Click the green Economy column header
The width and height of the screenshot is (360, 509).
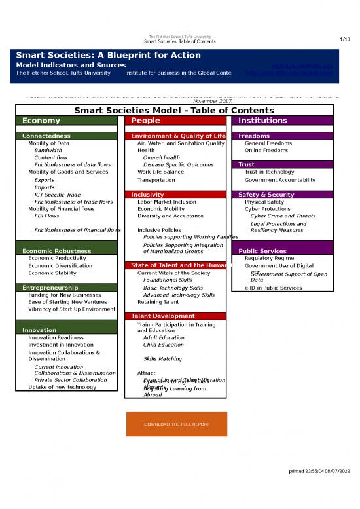[x=41, y=121]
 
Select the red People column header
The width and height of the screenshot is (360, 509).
[x=145, y=121]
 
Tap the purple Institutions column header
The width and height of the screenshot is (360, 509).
[x=262, y=121]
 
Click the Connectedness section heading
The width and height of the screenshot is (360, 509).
[x=46, y=136]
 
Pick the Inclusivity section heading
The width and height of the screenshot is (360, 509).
[x=147, y=195]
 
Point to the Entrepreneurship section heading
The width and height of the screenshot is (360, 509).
[x=50, y=288]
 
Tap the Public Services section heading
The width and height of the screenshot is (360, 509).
[x=262, y=251]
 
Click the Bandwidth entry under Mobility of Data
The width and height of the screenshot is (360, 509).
[x=48, y=150]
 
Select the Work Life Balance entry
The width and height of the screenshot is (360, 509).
[x=160, y=172]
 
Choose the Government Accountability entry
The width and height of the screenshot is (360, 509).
[x=279, y=180]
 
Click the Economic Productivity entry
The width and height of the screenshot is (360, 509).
[x=57, y=258]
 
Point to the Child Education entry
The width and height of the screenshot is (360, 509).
[x=164, y=345]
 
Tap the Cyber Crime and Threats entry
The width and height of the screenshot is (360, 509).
[x=283, y=216]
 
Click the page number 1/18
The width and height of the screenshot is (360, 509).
[x=346, y=39]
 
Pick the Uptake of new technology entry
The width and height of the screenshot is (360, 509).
[x=62, y=387]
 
